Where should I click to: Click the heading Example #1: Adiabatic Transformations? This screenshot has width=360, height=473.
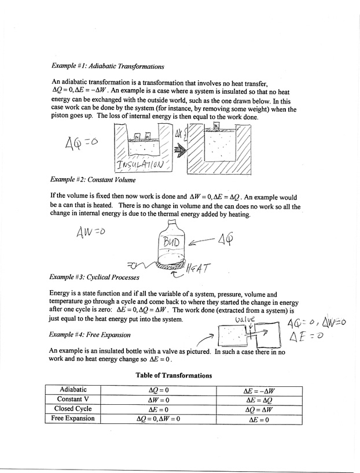[108, 66]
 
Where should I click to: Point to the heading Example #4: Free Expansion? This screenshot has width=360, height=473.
[90, 334]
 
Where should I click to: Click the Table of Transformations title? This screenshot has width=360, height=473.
[173, 375]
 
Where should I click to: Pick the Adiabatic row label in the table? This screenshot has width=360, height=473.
[73, 390]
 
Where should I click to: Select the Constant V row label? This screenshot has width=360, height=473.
[73, 400]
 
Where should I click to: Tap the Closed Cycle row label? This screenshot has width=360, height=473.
[73, 409]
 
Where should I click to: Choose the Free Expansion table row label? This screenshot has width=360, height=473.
[73, 418]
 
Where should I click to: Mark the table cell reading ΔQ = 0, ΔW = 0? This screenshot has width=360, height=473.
[157, 419]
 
